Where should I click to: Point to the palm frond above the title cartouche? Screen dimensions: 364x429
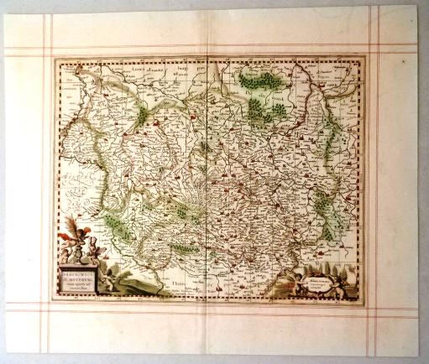coord(72,226)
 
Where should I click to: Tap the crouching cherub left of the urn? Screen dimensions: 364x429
coord(69,249)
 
